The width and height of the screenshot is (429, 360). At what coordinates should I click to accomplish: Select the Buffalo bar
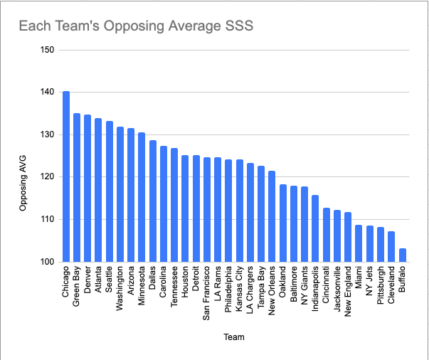(x=402, y=255)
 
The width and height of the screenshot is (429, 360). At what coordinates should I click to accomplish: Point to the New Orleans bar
(x=272, y=216)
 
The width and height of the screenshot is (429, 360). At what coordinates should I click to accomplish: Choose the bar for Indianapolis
(x=315, y=228)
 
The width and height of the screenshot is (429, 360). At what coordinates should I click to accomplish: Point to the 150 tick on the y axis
(x=49, y=51)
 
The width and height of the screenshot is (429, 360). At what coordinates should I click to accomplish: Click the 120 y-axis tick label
(x=49, y=177)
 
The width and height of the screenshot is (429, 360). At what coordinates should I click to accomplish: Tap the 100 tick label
(x=49, y=262)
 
